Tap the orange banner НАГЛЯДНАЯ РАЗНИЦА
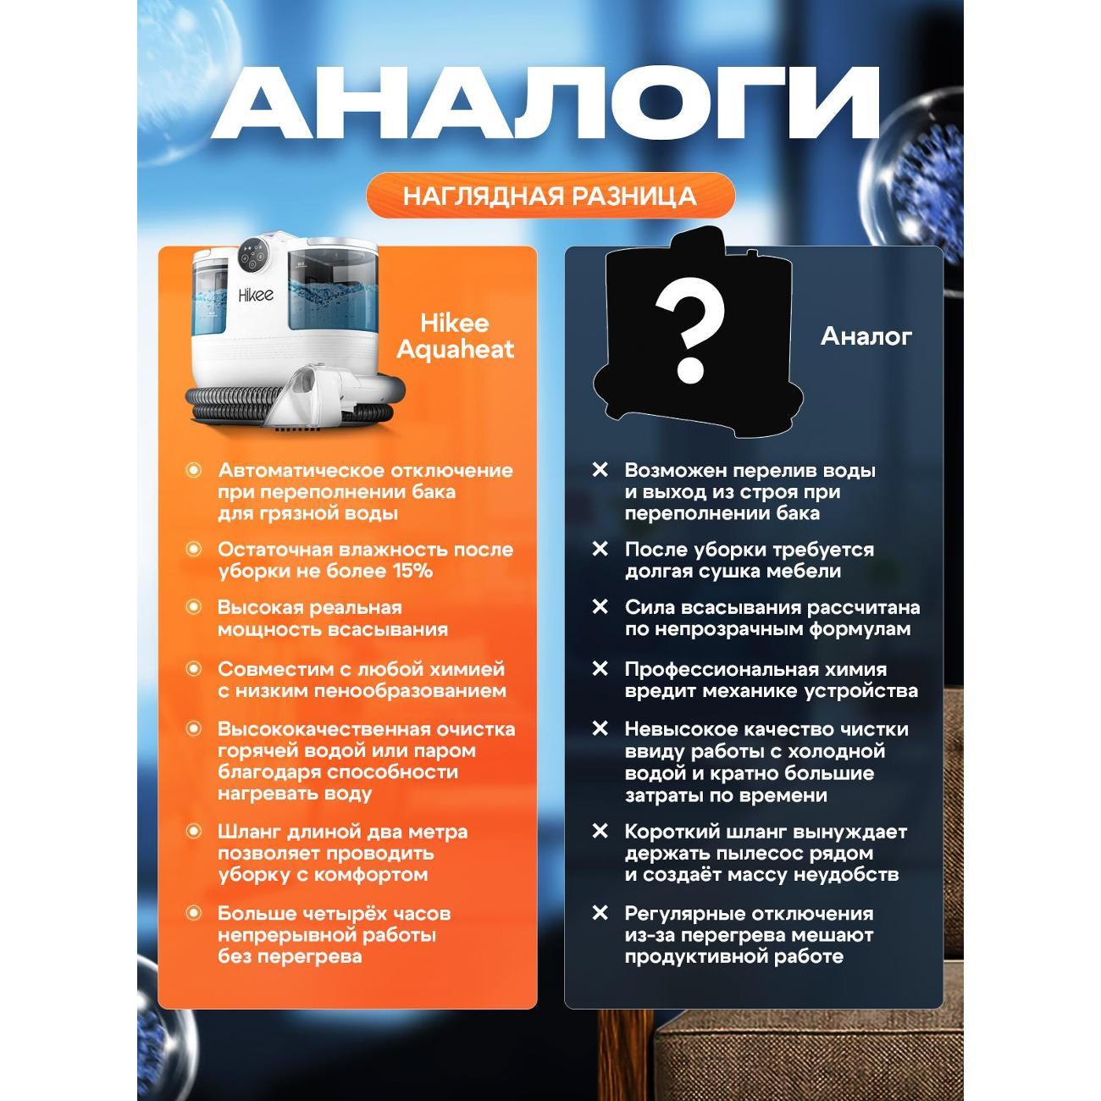[550, 196]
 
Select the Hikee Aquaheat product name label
[455, 336]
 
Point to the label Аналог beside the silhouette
[866, 336]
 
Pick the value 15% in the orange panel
[412, 571]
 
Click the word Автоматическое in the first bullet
[296, 470]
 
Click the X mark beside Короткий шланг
[600, 831]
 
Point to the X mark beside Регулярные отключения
[600, 913]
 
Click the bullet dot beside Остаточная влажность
[194, 549]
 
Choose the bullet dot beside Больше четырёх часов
[194, 913]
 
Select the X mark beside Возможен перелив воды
[600, 470]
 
